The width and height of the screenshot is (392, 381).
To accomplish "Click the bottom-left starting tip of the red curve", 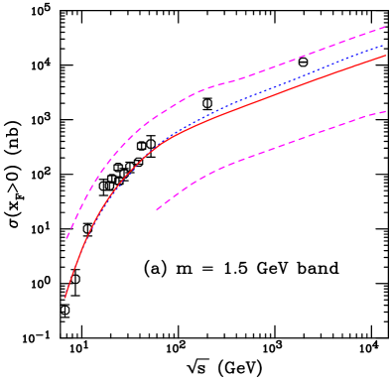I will click(x=65, y=297).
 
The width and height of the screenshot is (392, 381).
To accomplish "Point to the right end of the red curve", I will click(x=385, y=56).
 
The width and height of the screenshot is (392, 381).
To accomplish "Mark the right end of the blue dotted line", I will click(x=383, y=46).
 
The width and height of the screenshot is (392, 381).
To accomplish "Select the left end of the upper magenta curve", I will click(x=66, y=239).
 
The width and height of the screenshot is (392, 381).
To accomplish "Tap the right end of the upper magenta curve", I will click(x=385, y=27).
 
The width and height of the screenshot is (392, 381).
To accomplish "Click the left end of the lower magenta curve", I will click(x=157, y=209).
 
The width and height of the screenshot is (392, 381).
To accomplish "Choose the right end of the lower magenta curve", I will click(x=385, y=111).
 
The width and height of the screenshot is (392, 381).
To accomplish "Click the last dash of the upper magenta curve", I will click(x=381, y=28).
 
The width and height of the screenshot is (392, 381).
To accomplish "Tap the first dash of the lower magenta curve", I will click(x=159, y=207).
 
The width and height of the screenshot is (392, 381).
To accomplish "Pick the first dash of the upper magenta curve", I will click(x=68, y=235).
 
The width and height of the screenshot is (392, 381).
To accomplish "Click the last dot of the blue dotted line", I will click(x=382, y=46).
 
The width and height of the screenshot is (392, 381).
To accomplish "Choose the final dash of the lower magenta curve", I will click(x=381, y=112).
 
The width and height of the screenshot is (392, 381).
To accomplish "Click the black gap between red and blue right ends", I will click(x=383, y=51).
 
